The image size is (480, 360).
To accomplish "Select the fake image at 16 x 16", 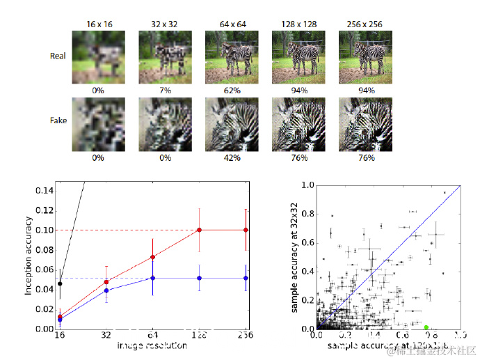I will click(x=98, y=124).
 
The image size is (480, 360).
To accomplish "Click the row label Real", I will click(x=58, y=56).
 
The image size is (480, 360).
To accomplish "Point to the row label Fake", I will click(x=58, y=121).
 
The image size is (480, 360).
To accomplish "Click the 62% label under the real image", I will click(x=231, y=91).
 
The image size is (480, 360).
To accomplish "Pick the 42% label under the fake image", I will click(x=231, y=158).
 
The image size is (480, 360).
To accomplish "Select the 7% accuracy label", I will click(x=165, y=91).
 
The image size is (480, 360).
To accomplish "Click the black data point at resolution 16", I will click(x=60, y=283).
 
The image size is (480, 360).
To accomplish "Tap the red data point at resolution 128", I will click(x=200, y=230).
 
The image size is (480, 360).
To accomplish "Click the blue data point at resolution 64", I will click(x=153, y=278).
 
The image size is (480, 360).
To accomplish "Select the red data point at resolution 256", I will click(x=246, y=230).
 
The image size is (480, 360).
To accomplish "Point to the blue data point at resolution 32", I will click(x=106, y=290).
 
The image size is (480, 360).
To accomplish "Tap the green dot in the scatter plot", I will click(x=426, y=327).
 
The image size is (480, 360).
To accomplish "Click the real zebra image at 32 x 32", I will click(x=165, y=56).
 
